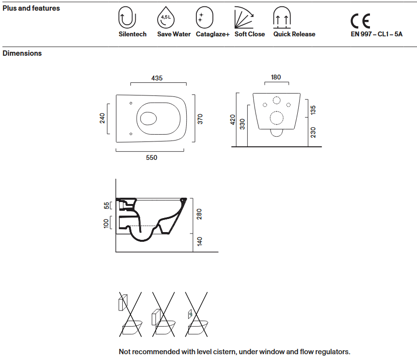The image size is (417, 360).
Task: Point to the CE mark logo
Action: pyautogui.click(x=360, y=21)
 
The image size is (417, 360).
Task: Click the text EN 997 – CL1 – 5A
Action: pyautogui.click(x=376, y=34)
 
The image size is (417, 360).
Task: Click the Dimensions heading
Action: pyautogui.click(x=22, y=53)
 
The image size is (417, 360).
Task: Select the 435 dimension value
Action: pyautogui.click(x=157, y=78)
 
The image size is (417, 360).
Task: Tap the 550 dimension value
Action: pyautogui.click(x=151, y=157)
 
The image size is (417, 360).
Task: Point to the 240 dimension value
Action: pyautogui.click(x=102, y=118)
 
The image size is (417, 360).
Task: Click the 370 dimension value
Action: pyautogui.click(x=200, y=119)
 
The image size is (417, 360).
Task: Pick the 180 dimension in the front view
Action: pyautogui.click(x=276, y=78)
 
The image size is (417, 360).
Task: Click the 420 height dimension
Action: pyautogui.click(x=232, y=120)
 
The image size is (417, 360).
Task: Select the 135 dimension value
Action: pyautogui.click(x=313, y=110)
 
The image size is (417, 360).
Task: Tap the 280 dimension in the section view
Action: pyautogui.click(x=199, y=214)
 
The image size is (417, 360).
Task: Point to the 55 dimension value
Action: pyautogui.click(x=107, y=205)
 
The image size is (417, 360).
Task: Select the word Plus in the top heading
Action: pyautogui.click(x=10, y=8)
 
